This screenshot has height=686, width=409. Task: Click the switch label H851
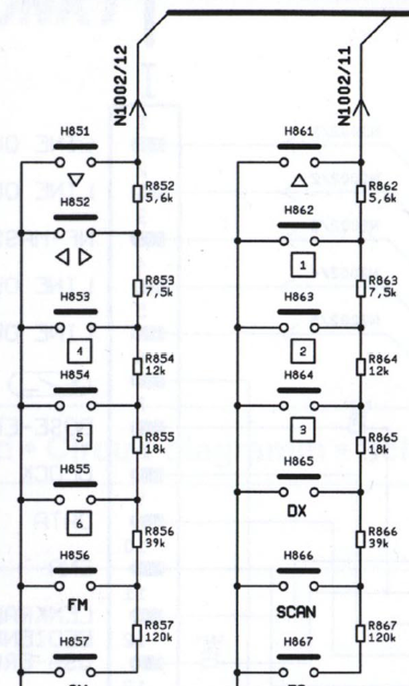(75, 132)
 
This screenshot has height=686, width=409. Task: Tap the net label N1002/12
(121, 86)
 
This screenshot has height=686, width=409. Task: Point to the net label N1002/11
(345, 86)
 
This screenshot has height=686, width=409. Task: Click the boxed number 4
(79, 350)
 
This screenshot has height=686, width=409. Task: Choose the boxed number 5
(79, 438)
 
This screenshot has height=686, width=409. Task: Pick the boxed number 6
(79, 524)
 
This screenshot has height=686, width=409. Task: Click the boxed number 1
(303, 265)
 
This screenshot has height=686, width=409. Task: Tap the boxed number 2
(303, 351)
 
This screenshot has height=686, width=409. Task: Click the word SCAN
(296, 612)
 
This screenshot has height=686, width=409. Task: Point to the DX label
(296, 511)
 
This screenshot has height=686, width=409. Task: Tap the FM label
(78, 606)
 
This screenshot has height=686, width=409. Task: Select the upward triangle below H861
(300, 180)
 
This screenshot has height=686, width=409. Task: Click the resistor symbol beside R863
(361, 289)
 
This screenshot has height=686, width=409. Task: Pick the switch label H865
(298, 462)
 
